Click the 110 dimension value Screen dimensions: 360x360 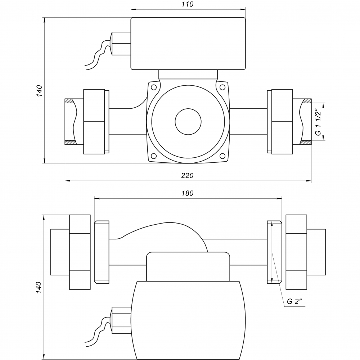pos(188,4)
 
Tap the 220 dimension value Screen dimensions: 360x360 pos(188,175)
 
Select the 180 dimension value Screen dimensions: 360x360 pos(188,193)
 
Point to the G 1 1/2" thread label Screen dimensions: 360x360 pos(318,122)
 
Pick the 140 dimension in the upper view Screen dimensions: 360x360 pos(40,90)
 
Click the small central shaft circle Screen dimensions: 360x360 pos(188,121)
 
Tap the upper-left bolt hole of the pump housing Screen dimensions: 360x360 pos(154,87)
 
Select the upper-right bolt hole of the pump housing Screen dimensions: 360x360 pos(222,87)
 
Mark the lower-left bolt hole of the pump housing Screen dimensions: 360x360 pos(154,156)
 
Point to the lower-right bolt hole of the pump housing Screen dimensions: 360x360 pos(222,156)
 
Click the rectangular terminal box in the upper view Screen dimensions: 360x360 pos(188,43)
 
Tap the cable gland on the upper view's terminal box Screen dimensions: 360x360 pos(121,44)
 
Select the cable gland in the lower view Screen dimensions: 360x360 pos(121,320)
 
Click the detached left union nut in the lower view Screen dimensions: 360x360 pos(80,252)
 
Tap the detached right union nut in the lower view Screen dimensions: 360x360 pos(296,252)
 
